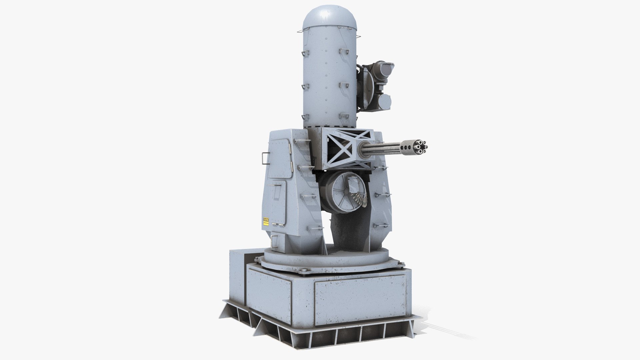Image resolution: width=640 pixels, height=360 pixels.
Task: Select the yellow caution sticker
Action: point(266,222)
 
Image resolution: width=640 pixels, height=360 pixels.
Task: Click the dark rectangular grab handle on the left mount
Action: point(265,158)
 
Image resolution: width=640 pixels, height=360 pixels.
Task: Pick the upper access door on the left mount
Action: point(280,157)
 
